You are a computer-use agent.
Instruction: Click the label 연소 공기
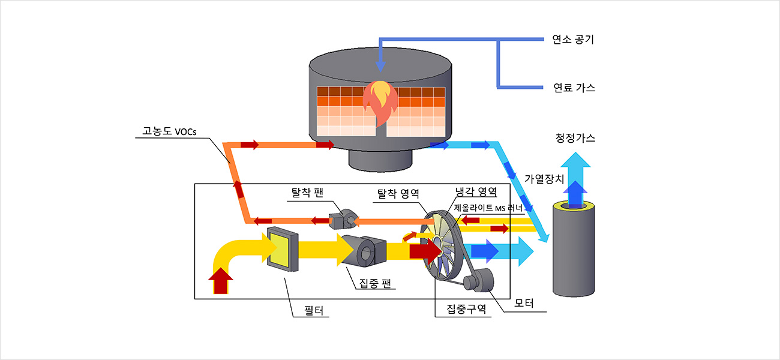pos(573,40)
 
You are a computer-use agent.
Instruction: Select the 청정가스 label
pos(575,139)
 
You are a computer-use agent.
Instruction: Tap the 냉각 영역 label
pos(476,192)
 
